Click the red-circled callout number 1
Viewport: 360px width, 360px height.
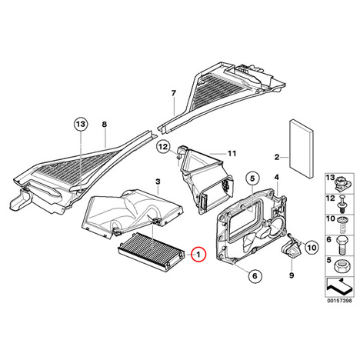(198, 255)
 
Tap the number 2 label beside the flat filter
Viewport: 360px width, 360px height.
(277, 157)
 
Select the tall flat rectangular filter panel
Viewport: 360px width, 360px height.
(301, 148)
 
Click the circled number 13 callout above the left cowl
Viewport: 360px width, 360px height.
(81, 124)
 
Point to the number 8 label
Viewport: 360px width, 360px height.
(104, 125)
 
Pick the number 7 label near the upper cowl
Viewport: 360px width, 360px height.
(174, 93)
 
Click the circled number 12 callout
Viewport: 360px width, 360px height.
(164, 147)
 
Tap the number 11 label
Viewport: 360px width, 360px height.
(232, 153)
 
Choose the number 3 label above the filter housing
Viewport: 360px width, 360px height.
(158, 182)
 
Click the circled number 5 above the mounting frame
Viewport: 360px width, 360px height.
(252, 178)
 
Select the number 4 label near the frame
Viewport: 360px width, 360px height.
(277, 177)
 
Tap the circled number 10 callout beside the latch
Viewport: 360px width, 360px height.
(312, 248)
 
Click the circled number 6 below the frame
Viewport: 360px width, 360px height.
(255, 275)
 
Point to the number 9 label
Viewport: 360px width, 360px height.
(292, 275)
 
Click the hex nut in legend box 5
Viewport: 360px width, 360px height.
(341, 266)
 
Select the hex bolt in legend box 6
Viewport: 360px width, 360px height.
(342, 245)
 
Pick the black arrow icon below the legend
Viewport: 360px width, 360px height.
(339, 286)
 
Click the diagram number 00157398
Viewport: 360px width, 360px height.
(339, 301)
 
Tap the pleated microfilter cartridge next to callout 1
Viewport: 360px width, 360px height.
(151, 251)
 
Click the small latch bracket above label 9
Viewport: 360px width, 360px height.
(292, 246)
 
